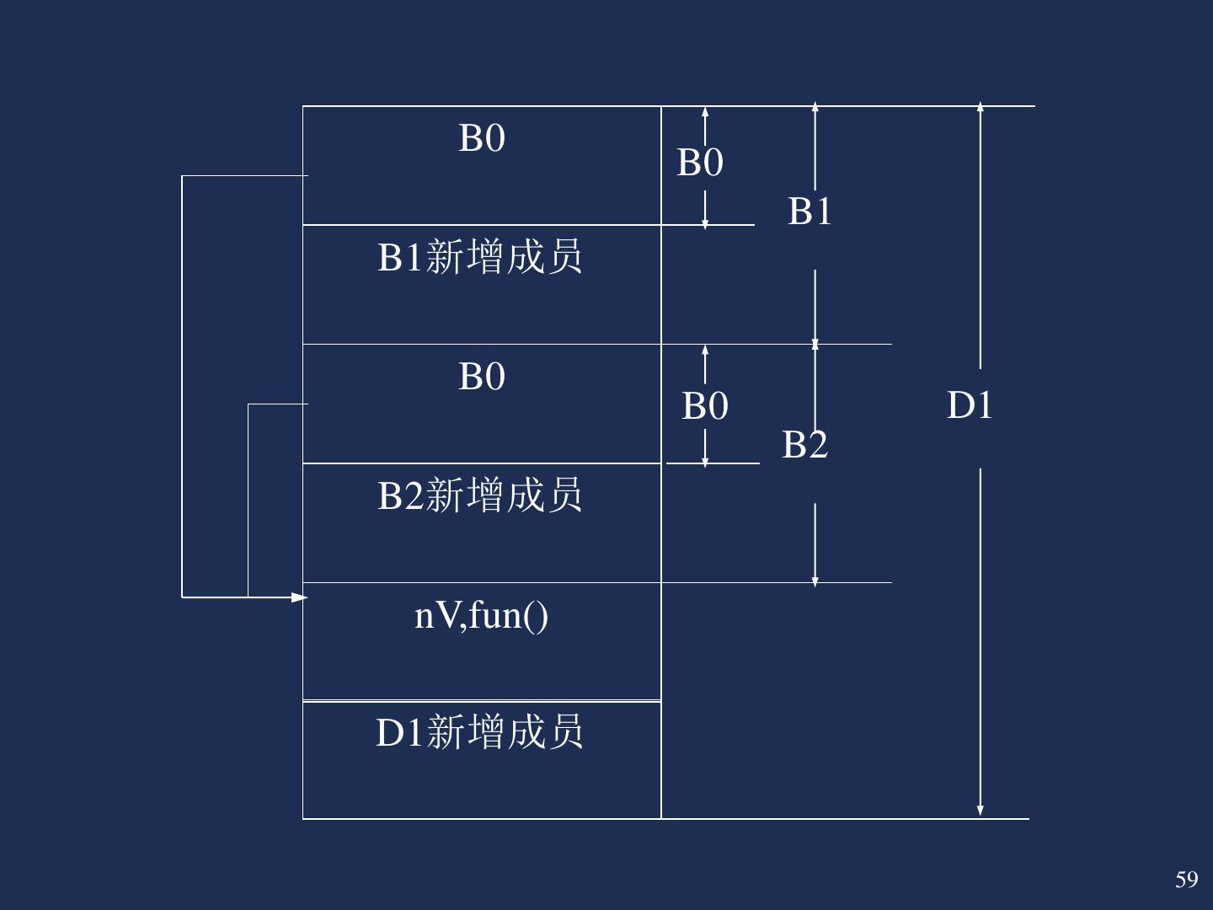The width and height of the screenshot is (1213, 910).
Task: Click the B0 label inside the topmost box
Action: pyautogui.click(x=482, y=138)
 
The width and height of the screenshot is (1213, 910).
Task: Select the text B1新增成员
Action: pyautogui.click(x=479, y=257)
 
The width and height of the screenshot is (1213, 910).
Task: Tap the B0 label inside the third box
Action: pyautogui.click(x=482, y=377)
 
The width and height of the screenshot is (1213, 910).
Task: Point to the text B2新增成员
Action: pyautogui.click(x=479, y=495)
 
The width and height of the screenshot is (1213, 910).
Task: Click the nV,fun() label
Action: pyautogui.click(x=481, y=615)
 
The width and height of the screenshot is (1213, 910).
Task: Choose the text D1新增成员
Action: pyautogui.click(x=479, y=732)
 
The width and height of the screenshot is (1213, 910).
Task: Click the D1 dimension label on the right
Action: pyautogui.click(x=970, y=405)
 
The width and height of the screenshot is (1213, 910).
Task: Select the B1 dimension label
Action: pyautogui.click(x=810, y=211)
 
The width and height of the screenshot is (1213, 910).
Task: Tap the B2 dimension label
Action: pyautogui.click(x=804, y=444)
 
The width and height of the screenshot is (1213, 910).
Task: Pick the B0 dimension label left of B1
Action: pyautogui.click(x=700, y=162)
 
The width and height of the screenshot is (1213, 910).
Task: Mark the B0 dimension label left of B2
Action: pyautogui.click(x=705, y=406)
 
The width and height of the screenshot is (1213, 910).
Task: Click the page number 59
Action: pyautogui.click(x=1186, y=880)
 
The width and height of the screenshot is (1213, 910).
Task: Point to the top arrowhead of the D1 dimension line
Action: pyautogui.click(x=981, y=108)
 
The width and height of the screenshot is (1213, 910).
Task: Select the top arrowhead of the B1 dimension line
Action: pyautogui.click(x=815, y=108)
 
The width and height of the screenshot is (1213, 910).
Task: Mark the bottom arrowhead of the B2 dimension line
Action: pyautogui.click(x=815, y=580)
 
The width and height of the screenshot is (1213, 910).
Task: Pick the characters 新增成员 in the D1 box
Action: pyautogui.click(x=505, y=732)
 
